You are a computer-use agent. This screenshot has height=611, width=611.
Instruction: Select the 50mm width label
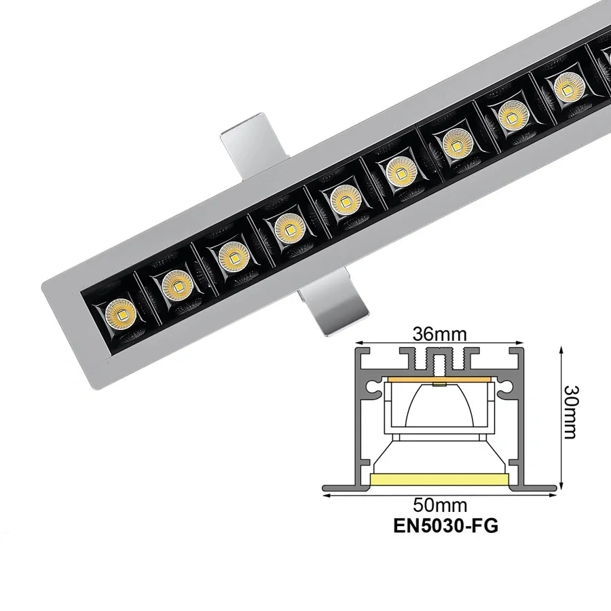[442, 506]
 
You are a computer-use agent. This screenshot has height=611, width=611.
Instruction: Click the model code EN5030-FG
[441, 527]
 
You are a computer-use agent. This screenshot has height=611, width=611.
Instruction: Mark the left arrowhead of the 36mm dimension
[360, 342]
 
